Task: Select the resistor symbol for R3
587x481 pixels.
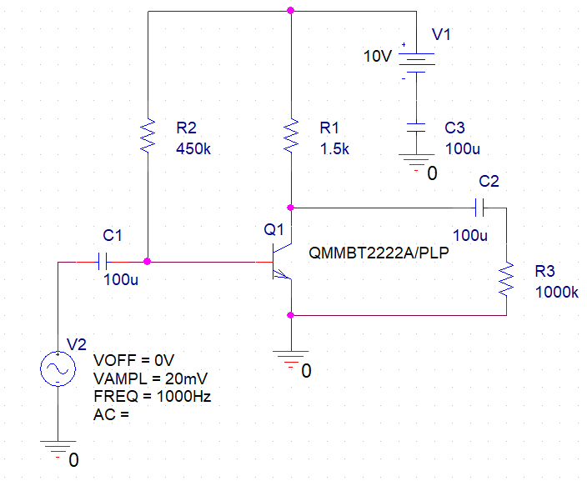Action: click(x=505, y=279)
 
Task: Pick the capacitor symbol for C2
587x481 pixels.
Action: click(x=479, y=205)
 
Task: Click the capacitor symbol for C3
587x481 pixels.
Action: click(x=416, y=128)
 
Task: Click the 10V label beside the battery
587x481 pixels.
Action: click(x=378, y=57)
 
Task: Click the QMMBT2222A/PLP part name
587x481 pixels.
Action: click(x=379, y=252)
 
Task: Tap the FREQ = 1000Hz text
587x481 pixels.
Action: click(x=153, y=396)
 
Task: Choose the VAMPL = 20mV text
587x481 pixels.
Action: click(x=151, y=378)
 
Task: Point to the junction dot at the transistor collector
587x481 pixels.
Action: click(x=290, y=206)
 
